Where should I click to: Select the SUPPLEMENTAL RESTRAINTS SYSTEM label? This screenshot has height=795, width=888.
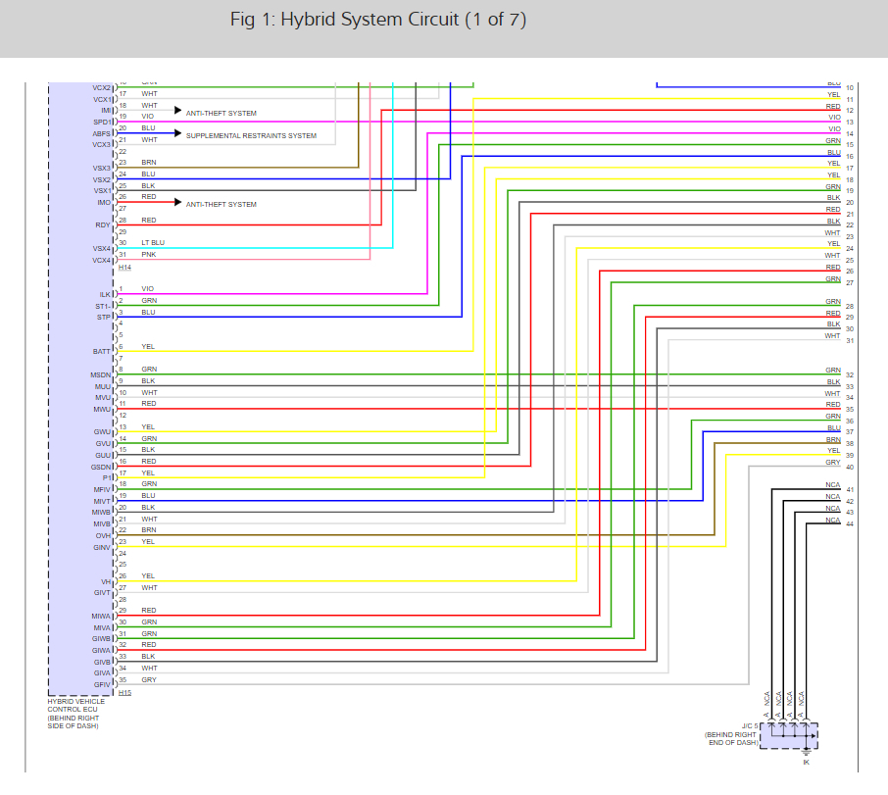pos(251,135)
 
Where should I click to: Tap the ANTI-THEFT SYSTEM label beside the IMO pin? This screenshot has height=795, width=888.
pos(222,204)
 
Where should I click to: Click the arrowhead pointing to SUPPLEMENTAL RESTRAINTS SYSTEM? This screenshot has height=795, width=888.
pos(178,132)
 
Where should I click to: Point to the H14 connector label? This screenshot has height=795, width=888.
pos(124,267)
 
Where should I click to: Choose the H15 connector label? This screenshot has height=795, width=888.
pos(124,692)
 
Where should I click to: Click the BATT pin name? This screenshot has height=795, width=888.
pos(102,351)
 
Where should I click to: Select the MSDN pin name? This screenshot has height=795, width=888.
pos(101,374)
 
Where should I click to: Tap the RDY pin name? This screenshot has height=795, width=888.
pos(103,225)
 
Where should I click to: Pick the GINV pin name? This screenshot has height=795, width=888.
pos(102,547)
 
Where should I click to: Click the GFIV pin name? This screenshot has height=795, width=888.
pos(103,683)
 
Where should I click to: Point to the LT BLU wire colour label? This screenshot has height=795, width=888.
pos(153,242)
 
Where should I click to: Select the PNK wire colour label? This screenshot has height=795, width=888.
pos(148,254)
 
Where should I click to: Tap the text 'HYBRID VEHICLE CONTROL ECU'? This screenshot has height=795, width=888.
pos(75,707)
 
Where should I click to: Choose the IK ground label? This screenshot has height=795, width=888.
pos(806,762)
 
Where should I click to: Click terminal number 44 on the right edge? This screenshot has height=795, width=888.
pos(850,524)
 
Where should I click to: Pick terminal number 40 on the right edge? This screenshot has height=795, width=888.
pos(850,467)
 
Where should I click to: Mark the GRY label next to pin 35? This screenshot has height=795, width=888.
pos(148,679)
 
